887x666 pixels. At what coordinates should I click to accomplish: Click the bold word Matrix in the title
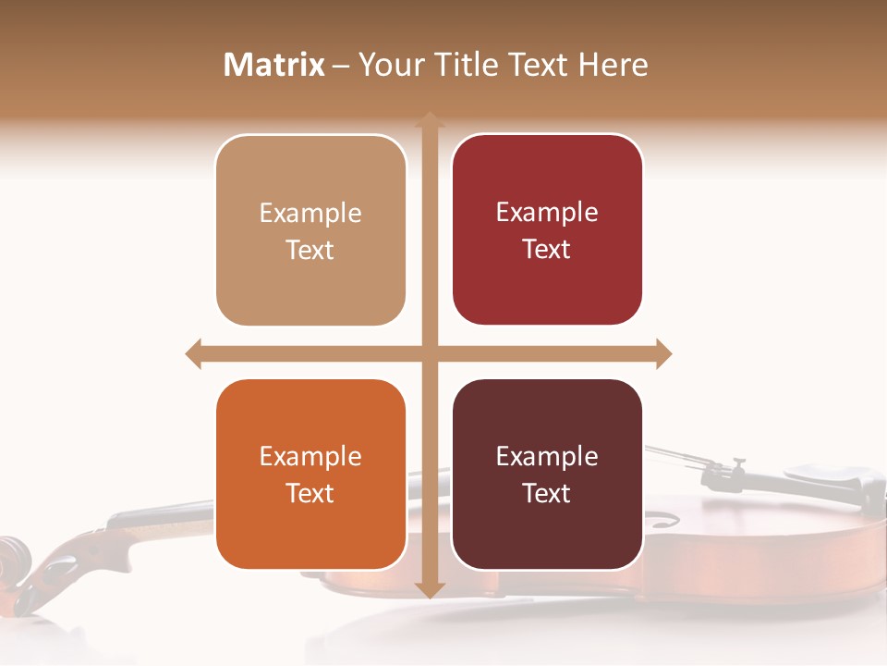point(274,65)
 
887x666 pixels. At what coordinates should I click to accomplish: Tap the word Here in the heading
point(613,65)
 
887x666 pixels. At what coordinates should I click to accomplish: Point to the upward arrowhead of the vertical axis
point(429,121)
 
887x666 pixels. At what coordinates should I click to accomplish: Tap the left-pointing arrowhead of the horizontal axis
point(194,353)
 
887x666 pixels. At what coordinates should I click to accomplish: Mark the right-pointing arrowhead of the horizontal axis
point(662,353)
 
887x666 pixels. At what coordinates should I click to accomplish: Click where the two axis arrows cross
point(429,353)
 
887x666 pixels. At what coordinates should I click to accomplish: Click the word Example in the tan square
point(310,214)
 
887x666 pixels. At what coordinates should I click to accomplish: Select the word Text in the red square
point(547,250)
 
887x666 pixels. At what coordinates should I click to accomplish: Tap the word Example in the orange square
point(310,457)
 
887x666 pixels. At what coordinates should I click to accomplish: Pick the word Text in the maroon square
point(547,493)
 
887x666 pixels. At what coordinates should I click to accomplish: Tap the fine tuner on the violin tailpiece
point(736,465)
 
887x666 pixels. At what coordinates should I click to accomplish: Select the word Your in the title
point(386,65)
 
